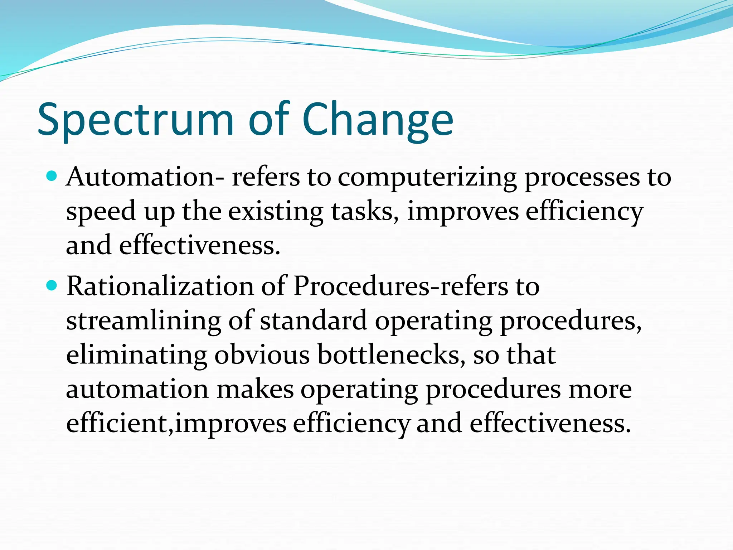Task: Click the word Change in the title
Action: pos(378,120)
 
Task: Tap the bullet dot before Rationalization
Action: pos(52,285)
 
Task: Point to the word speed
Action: pos(101,212)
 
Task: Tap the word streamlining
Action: pos(144,321)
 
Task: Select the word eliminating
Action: pos(136,355)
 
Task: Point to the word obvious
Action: pos(262,355)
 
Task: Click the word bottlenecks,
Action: pos(392,355)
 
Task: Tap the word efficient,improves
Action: pos(176,424)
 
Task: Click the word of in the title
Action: pos(269,120)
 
